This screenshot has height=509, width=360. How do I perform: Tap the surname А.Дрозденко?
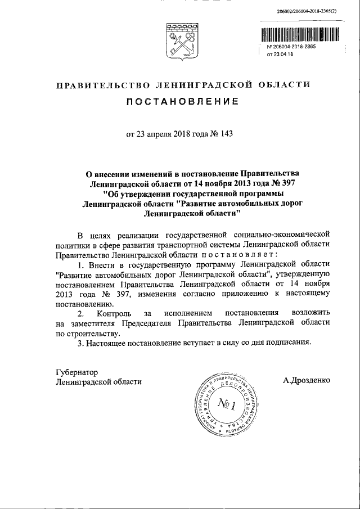[x=307, y=381]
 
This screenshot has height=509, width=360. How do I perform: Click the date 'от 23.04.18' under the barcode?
[x=280, y=55]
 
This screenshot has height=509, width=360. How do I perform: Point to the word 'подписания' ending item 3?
[x=291, y=343]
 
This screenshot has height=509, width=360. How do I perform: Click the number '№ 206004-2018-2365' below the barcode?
[x=290, y=47]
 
